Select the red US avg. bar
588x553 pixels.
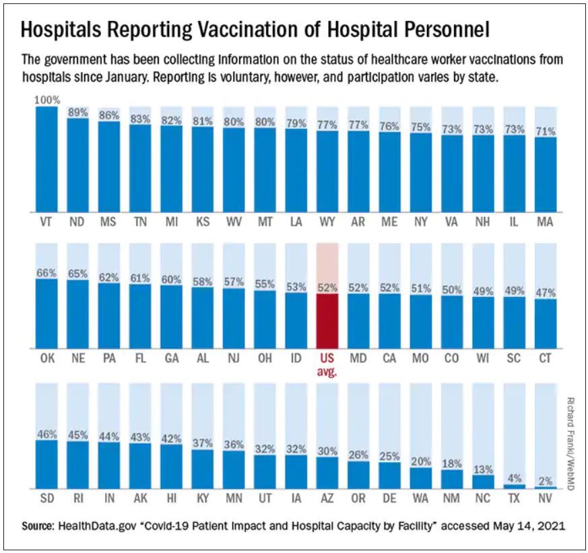327,320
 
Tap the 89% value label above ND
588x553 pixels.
77,112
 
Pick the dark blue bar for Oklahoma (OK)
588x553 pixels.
46,313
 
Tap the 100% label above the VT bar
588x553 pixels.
46,100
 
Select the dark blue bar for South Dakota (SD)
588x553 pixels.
46,465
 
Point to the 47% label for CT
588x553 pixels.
545,293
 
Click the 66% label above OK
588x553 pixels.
46,273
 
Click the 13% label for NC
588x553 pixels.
482,469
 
